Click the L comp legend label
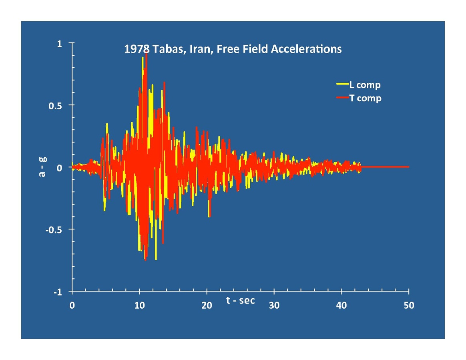pyautogui.click(x=365, y=85)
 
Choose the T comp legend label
pyautogui.click(x=365, y=98)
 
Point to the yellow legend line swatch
pyautogui.click(x=342, y=84)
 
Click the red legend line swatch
pyautogui.click(x=342, y=98)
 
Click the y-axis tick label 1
pyautogui.click(x=59, y=44)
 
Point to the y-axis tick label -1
pyautogui.click(x=58, y=292)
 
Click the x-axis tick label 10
pyautogui.click(x=139, y=306)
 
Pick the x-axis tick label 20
pyautogui.click(x=207, y=306)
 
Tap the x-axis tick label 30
pyautogui.click(x=274, y=306)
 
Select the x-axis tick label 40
pyautogui.click(x=341, y=306)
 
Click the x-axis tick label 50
pyautogui.click(x=409, y=306)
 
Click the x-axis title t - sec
pyautogui.click(x=240, y=300)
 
